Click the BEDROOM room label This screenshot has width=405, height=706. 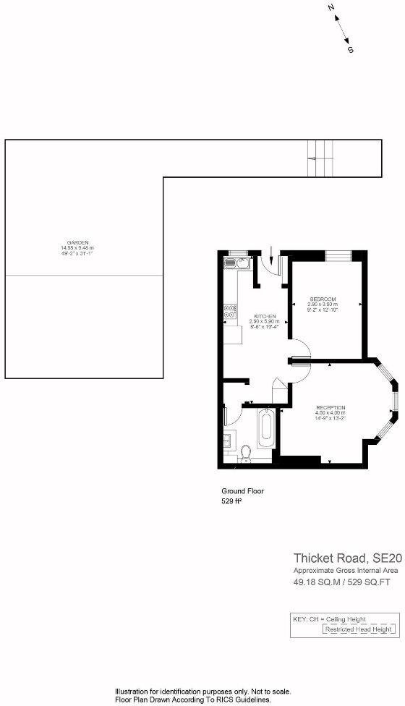pos(323,299)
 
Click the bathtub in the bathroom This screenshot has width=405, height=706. pos(265,430)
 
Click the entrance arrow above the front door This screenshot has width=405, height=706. pos(270,255)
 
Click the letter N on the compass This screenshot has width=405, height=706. pos(331,8)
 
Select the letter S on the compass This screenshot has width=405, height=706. pos(351,50)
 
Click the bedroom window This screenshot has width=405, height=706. pos(338,255)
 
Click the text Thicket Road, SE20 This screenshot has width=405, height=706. pos(346,558)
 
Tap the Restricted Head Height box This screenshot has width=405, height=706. pos(360,630)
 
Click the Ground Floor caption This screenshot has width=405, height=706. pos(242,490)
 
